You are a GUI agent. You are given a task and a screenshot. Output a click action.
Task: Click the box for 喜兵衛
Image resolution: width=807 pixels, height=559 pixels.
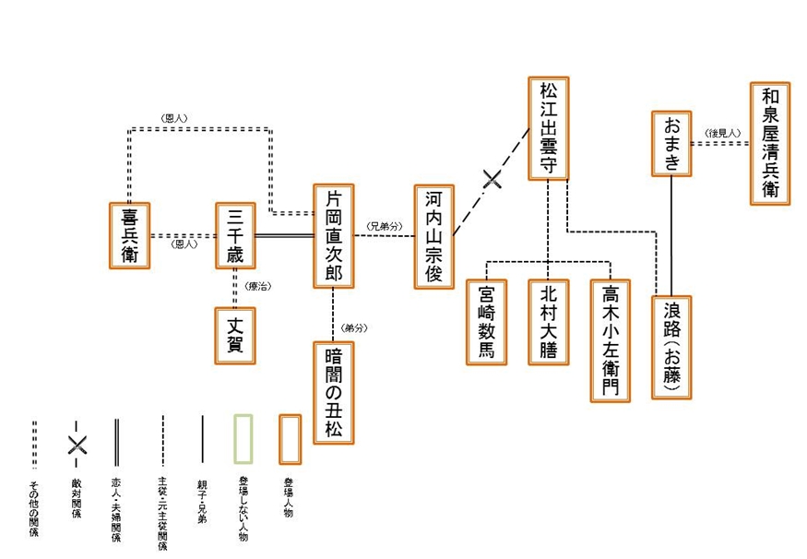tap(129, 235)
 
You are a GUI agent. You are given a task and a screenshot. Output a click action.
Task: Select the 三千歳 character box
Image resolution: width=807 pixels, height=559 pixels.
tap(234, 235)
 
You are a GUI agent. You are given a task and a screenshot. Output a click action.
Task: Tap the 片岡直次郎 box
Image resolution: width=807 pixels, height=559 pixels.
tap(333, 235)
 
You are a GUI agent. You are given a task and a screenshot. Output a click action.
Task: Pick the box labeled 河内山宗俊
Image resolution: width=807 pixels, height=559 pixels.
tap(433, 235)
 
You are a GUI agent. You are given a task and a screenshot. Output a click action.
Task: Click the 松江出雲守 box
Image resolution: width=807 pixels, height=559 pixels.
tap(548, 128)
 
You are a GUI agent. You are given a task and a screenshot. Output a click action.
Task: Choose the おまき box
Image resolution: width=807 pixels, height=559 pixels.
tap(671, 142)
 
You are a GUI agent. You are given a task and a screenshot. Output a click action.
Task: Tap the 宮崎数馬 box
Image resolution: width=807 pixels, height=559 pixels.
tap(485, 321)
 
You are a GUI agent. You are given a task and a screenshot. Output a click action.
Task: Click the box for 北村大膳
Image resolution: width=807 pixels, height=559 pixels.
tap(548, 321)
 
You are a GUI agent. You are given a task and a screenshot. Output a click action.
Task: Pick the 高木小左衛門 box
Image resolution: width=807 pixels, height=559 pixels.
tap(611, 339)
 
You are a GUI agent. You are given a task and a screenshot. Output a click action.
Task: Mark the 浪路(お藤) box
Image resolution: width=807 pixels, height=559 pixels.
tap(671, 347)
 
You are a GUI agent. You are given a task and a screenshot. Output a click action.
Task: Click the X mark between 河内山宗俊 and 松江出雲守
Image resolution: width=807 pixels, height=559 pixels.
tap(493, 179)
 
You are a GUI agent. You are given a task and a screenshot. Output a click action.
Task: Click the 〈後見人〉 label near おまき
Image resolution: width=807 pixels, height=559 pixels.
tap(722, 133)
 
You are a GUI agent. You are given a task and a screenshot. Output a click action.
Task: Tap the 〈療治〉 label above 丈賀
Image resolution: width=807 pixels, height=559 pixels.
tap(257, 288)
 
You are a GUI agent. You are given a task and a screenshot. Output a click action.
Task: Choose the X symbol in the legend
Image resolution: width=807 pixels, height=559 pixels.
tap(77, 445)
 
